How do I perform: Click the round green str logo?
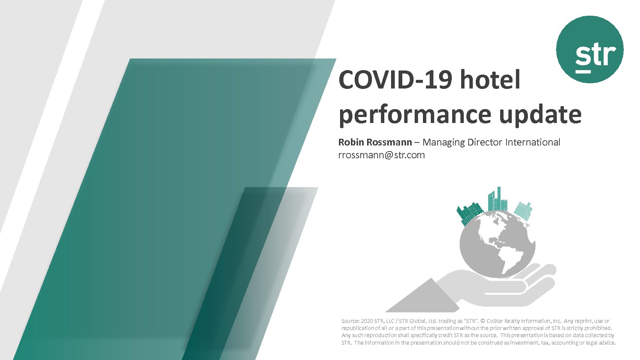pyautogui.click(x=590, y=49)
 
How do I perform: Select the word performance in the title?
pyautogui.click(x=415, y=115)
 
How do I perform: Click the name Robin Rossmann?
pyautogui.click(x=375, y=142)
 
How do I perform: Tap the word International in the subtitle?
pyautogui.click(x=533, y=142)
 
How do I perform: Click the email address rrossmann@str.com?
pyautogui.click(x=381, y=155)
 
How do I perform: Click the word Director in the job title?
pyautogui.click(x=484, y=142)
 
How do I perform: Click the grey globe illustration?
pyautogui.click(x=497, y=244)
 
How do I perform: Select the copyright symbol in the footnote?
pyautogui.click(x=483, y=321)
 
